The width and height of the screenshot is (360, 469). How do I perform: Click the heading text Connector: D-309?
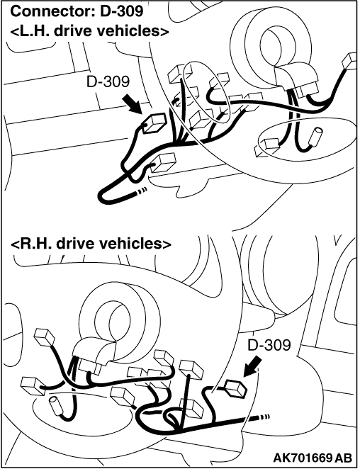[x=77, y=11]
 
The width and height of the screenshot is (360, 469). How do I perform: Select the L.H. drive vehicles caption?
[x=89, y=30]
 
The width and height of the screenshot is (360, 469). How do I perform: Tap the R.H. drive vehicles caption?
[x=91, y=244]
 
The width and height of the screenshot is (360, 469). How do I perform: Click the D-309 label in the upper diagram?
[x=108, y=81]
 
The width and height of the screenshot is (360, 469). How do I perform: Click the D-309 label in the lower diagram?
[x=269, y=346]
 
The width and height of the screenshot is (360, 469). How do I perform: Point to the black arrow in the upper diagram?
[x=133, y=104]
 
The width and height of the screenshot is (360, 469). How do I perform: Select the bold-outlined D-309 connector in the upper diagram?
[x=154, y=123]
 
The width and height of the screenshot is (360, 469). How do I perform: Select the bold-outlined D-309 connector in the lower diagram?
[x=236, y=388]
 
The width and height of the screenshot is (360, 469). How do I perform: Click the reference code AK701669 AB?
[x=313, y=458]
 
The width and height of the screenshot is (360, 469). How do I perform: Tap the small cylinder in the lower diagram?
[x=57, y=405]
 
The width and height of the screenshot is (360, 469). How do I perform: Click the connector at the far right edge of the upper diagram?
[x=349, y=62]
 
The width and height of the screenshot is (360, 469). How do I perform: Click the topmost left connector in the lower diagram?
[x=45, y=337]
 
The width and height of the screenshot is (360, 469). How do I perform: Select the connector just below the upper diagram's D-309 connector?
[x=164, y=162]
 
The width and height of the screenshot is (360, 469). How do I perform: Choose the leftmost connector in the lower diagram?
[x=33, y=385]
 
